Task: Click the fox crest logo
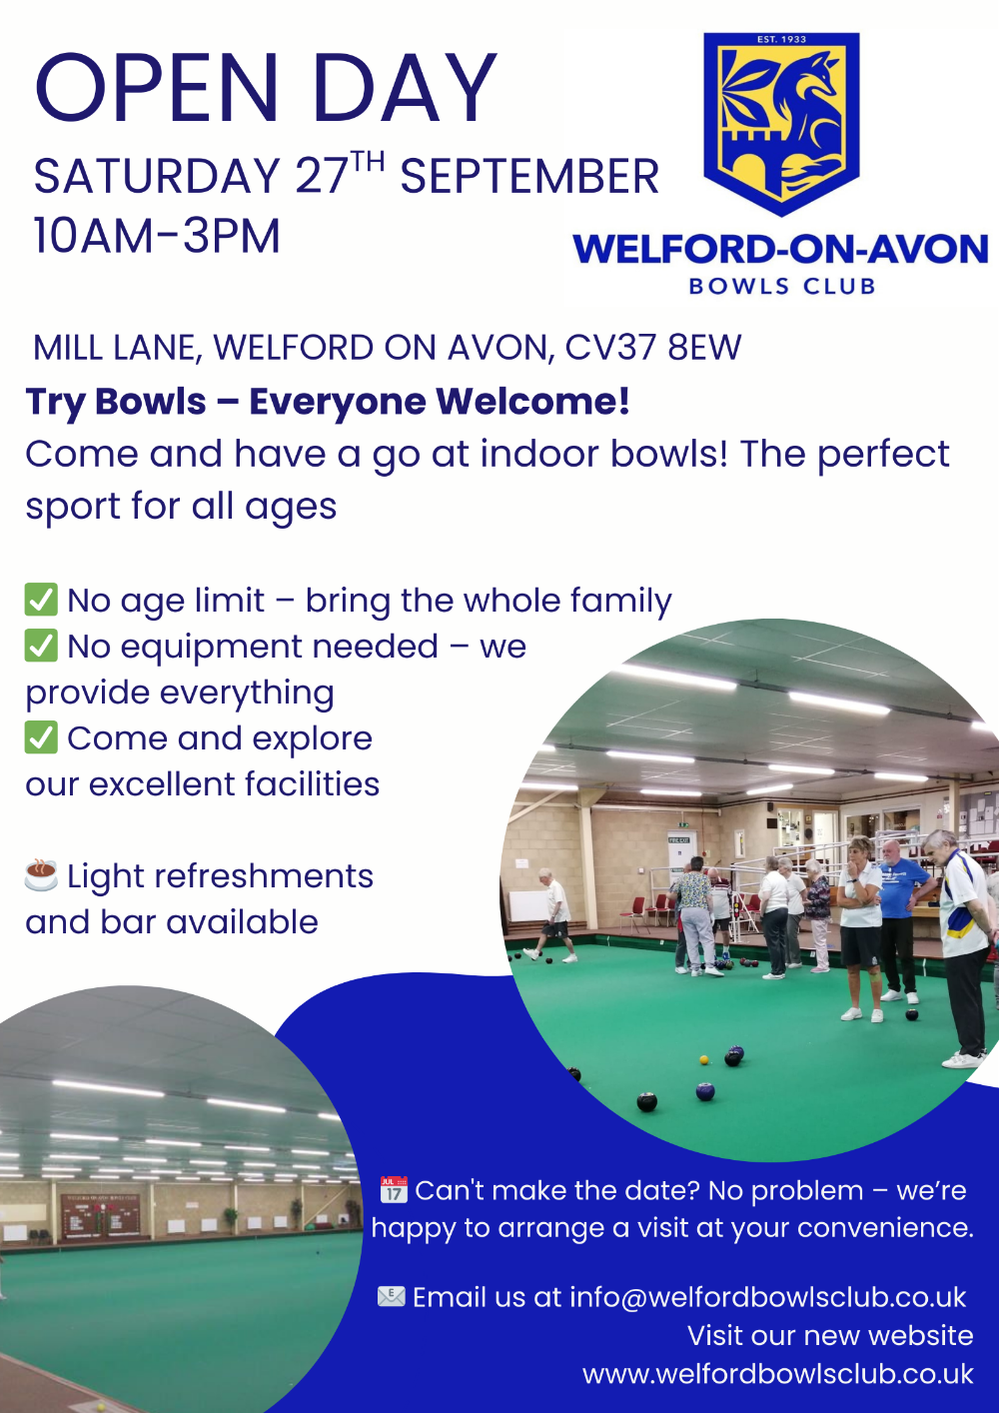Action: [x=781, y=124]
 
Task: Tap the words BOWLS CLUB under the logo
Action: [x=782, y=286]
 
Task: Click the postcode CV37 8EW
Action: [x=652, y=347]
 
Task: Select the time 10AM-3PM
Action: [x=157, y=236]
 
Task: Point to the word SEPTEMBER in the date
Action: [x=529, y=176]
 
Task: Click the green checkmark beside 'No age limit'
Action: [x=41, y=599]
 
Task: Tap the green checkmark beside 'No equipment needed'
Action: [x=41, y=645]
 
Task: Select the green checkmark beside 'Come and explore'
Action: [x=41, y=736]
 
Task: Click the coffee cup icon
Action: [x=41, y=874]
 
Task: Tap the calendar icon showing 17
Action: [x=394, y=1189]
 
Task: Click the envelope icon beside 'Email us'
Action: [x=391, y=1297]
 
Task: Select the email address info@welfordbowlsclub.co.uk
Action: [x=767, y=1297]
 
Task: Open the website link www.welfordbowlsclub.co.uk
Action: [x=778, y=1374]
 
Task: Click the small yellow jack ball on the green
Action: [x=704, y=1060]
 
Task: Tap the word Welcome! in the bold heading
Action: [x=532, y=401]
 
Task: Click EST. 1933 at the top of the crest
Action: [x=781, y=39]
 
